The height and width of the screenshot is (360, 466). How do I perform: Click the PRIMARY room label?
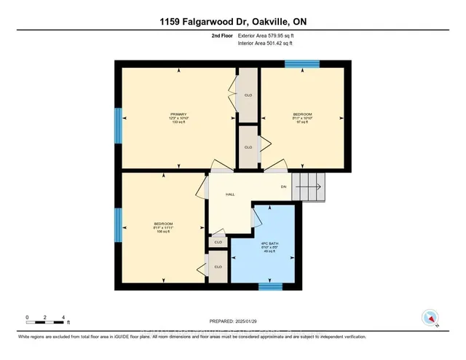[x=179, y=114]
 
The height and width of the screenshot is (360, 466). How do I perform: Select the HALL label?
[x=230, y=195]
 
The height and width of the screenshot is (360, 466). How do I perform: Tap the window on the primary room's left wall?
[x=117, y=125]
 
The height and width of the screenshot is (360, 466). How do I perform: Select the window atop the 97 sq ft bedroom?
[x=297, y=63]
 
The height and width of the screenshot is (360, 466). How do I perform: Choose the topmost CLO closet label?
[x=248, y=95]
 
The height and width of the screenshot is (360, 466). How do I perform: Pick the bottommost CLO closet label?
[x=218, y=267]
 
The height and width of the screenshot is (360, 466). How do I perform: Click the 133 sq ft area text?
[x=179, y=123]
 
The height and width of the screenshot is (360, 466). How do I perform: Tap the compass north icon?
[x=430, y=318]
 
